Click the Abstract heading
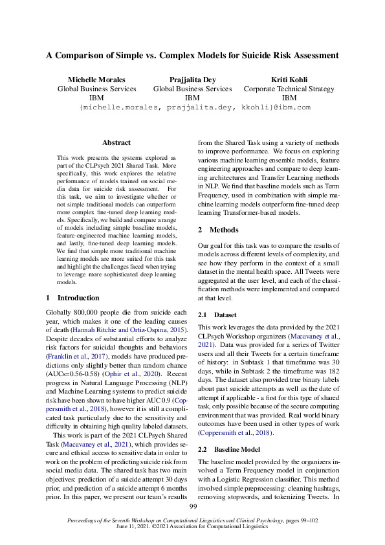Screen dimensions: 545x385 [116, 142]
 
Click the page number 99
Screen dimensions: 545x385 [192, 506]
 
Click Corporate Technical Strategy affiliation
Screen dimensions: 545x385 [286, 89]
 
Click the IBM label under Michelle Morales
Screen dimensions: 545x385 [96, 98]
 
